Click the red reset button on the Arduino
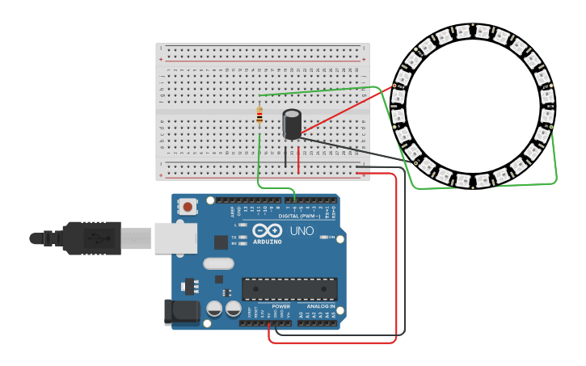[188, 207]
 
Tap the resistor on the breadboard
[259, 116]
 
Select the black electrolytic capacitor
[292, 124]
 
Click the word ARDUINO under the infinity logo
[267, 242]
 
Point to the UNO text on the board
[301, 232]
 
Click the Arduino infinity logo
[267, 230]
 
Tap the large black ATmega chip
[289, 289]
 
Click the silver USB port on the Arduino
[175, 238]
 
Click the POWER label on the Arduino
[280, 307]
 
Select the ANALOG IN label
[321, 307]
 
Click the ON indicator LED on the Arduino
[323, 237]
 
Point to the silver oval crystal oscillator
[218, 263]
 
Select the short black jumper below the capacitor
[285, 158]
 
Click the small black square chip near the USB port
[221, 242]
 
